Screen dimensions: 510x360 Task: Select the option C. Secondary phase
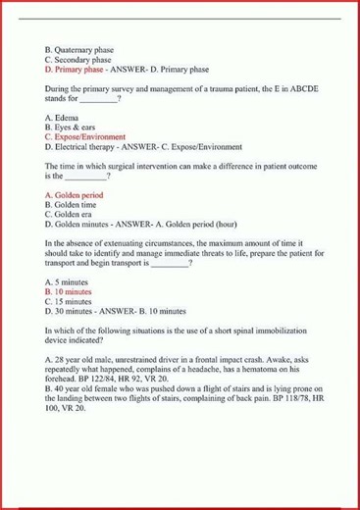click(x=77, y=59)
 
